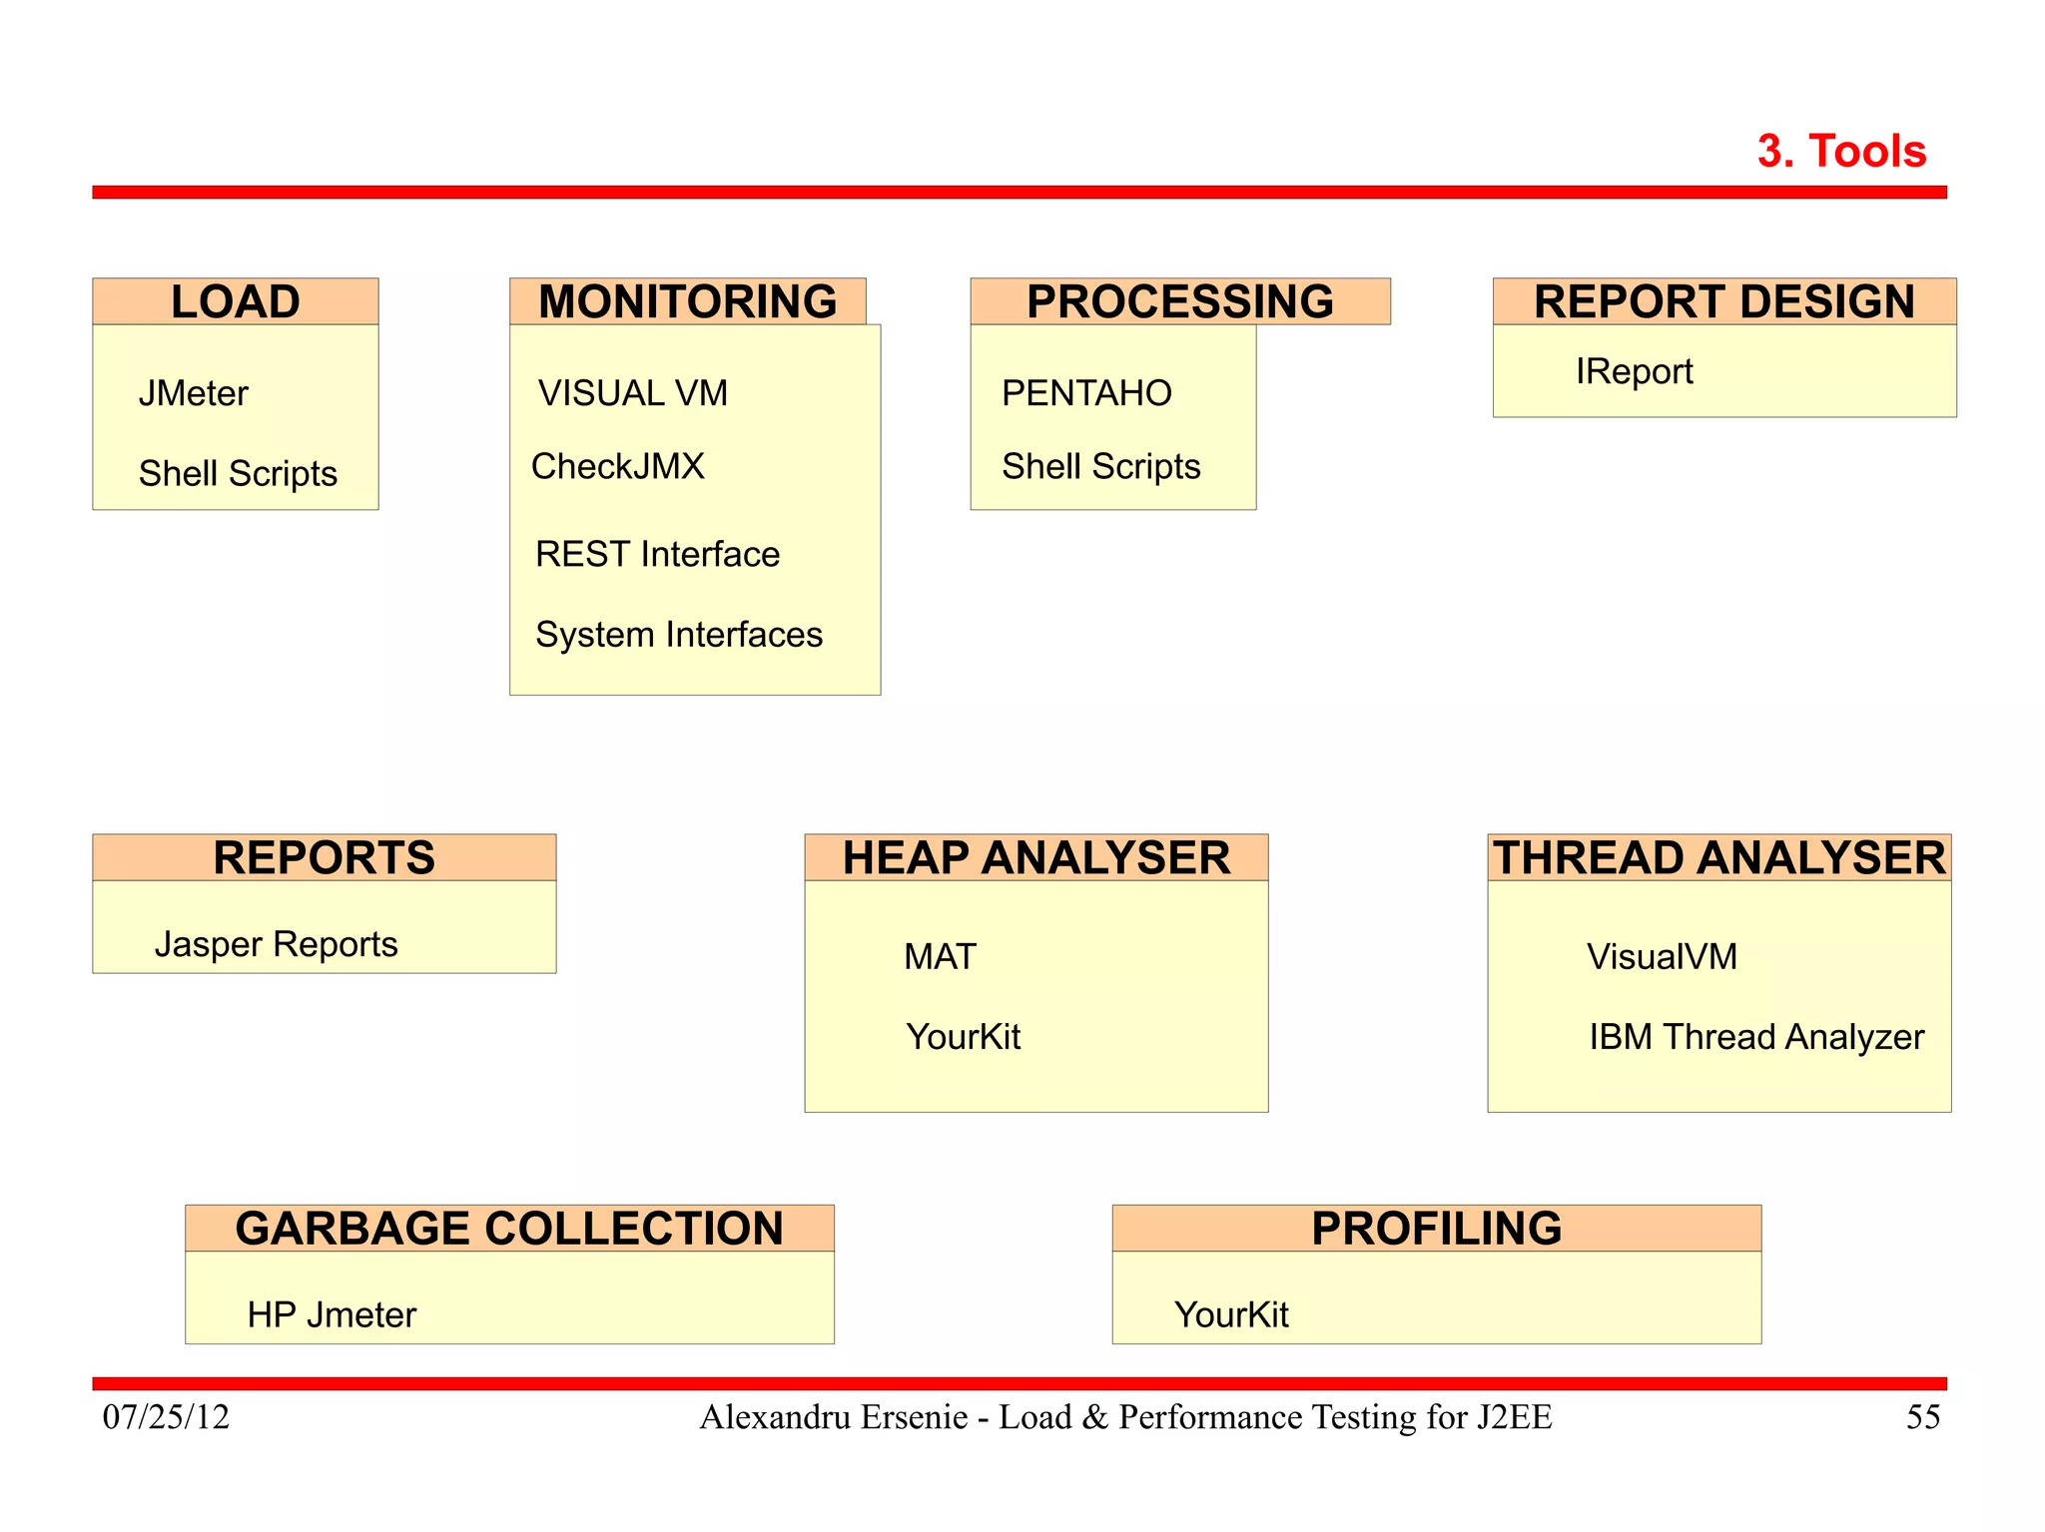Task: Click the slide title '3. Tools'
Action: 1840,152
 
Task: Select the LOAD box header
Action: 236,301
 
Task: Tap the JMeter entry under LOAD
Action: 193,393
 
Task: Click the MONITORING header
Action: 687,301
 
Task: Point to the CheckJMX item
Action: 617,466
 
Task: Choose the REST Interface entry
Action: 657,554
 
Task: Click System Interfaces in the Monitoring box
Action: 678,635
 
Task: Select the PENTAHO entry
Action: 1086,393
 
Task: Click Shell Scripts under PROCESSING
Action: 1100,466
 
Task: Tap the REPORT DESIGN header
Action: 1723,301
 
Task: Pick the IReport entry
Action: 1634,371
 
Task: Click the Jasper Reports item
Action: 276,944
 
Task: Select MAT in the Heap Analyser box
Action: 940,957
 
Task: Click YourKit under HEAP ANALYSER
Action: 963,1037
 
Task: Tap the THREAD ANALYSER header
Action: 1718,858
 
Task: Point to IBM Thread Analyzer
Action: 1755,1037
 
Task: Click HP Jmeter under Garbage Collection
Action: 332,1315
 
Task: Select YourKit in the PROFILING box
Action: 1230,1315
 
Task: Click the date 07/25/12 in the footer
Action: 166,1417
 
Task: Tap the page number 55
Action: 1922,1417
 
